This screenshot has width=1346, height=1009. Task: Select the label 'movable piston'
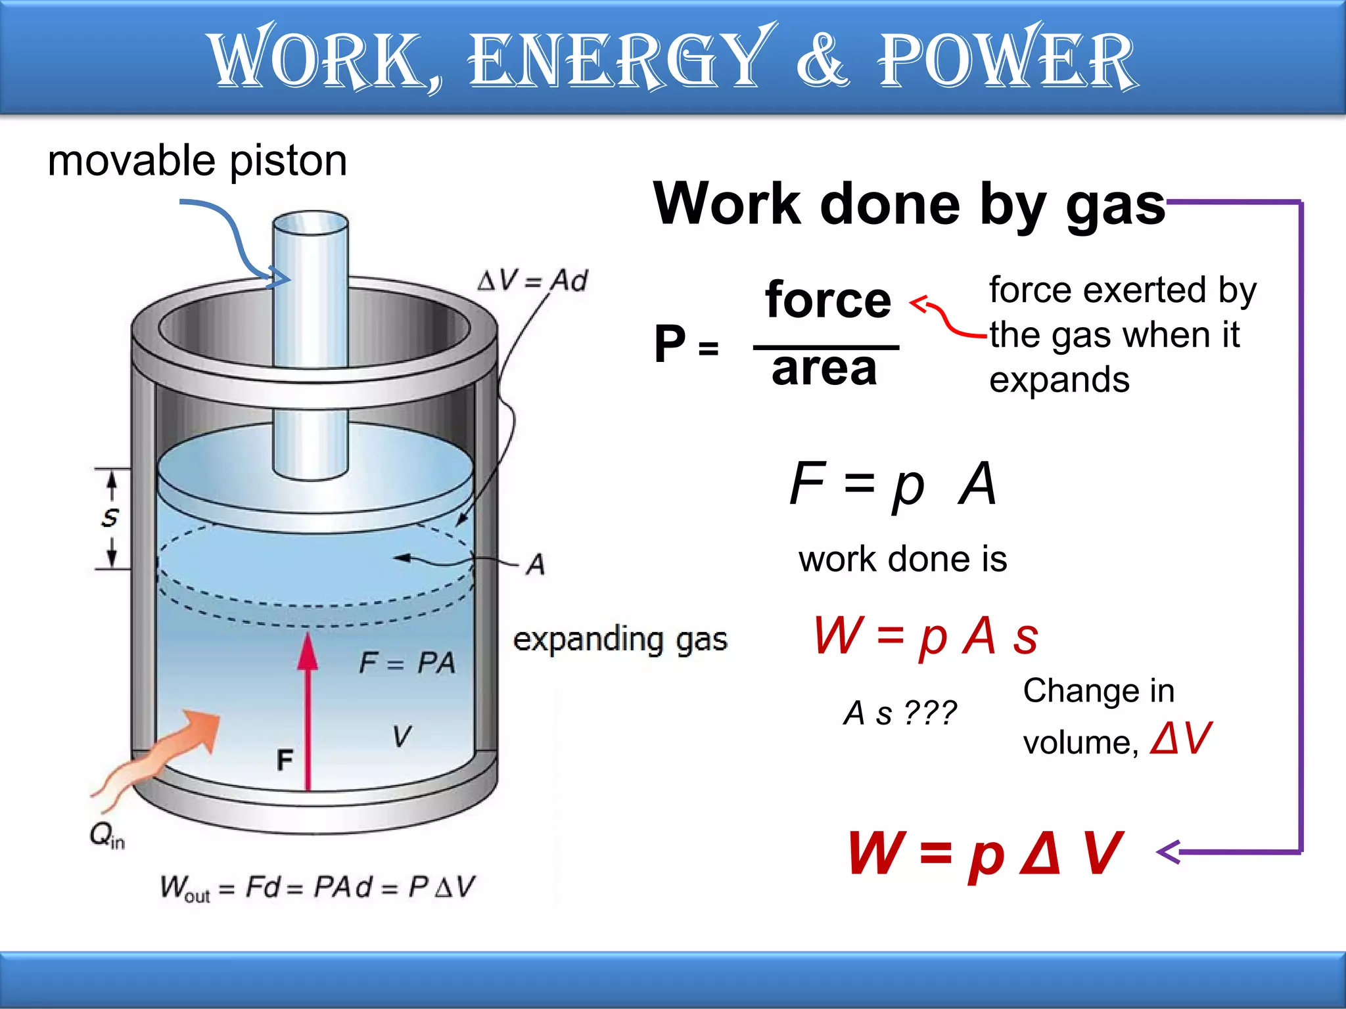[197, 161]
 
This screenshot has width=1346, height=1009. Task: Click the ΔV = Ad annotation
[532, 280]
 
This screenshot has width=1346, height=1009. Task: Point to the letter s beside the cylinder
[110, 518]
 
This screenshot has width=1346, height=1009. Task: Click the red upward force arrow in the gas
[308, 709]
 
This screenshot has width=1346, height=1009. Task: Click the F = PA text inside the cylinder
[407, 662]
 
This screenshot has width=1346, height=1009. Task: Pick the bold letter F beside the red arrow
[285, 760]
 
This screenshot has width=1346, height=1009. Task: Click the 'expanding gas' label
[620, 640]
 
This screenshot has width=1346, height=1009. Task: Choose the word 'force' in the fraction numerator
[827, 300]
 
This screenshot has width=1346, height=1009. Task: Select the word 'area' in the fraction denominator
[824, 369]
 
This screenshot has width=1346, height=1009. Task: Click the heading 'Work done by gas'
[908, 204]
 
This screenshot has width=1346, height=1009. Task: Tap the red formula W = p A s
[925, 636]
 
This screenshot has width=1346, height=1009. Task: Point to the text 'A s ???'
[900, 713]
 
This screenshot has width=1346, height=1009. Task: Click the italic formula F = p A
[893, 484]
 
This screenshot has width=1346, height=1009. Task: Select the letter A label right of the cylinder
[536, 564]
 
